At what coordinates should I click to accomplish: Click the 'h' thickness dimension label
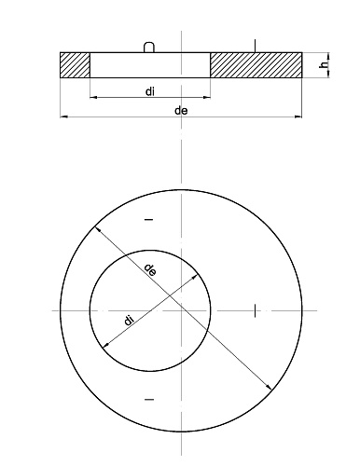324,65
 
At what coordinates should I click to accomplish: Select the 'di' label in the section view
150,91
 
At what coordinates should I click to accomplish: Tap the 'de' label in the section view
181,111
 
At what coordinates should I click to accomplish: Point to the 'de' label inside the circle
150,270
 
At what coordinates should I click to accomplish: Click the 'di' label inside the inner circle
129,320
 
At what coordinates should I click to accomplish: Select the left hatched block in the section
75,65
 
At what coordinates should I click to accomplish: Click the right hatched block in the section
256,65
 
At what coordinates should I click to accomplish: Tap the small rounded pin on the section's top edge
148,47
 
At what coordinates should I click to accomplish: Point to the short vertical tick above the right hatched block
255,46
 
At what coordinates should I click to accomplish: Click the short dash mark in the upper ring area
149,220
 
